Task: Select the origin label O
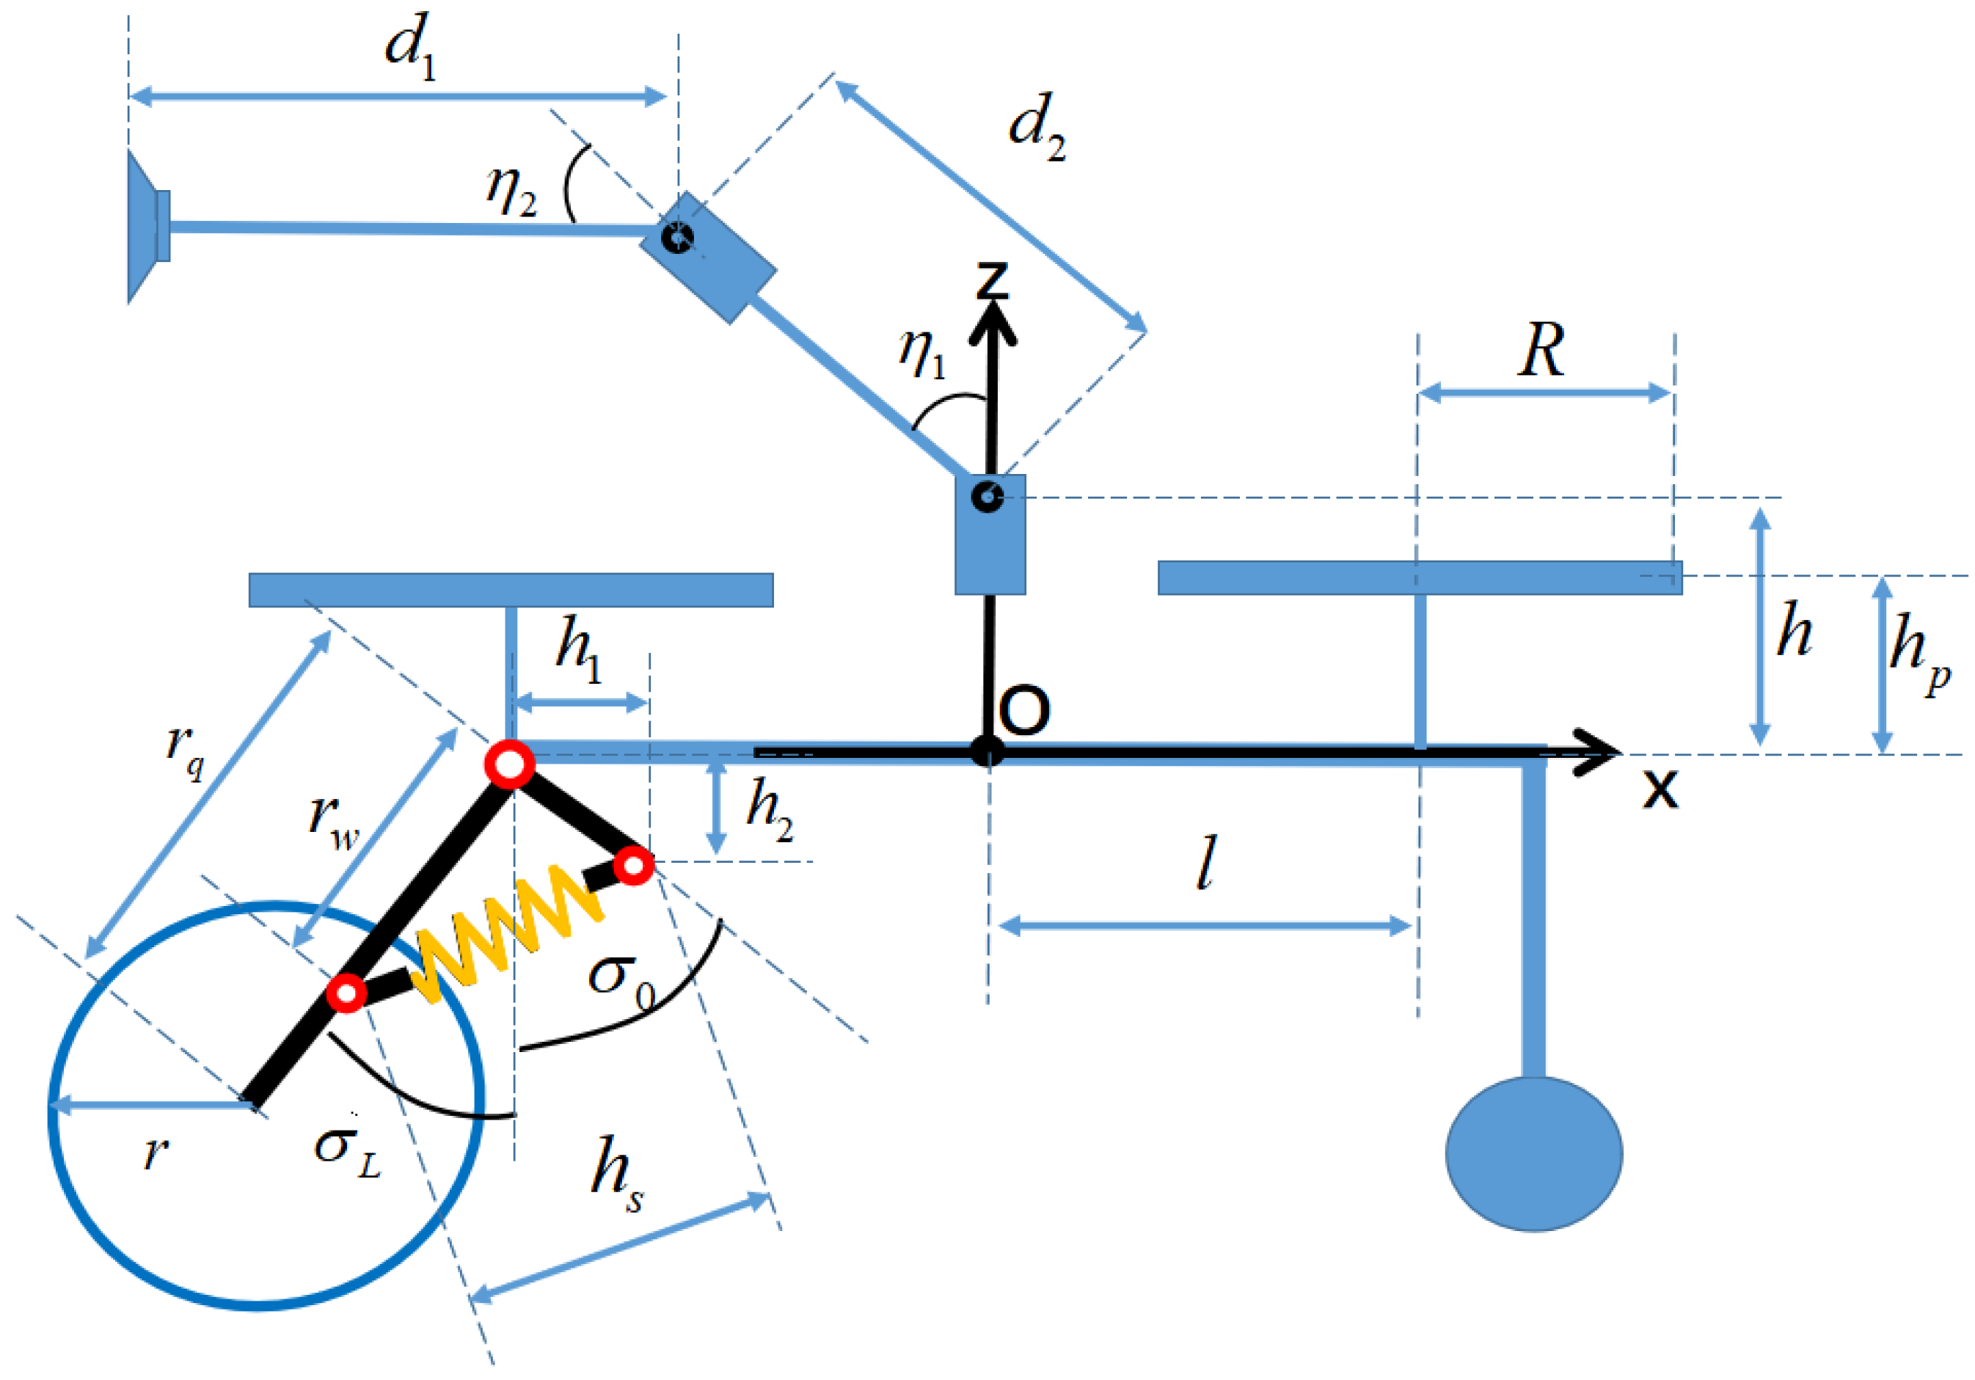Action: point(1024,711)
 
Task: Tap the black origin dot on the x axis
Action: point(987,752)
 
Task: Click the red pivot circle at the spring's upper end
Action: point(635,866)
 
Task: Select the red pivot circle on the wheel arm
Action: point(347,993)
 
